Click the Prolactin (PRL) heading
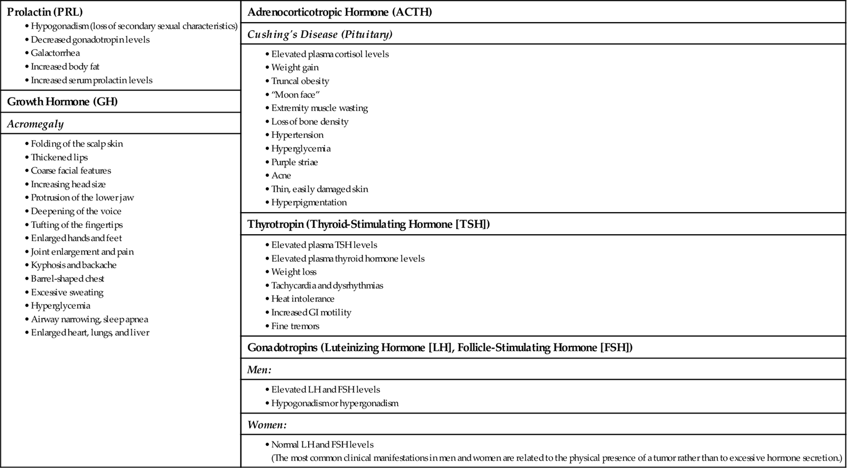click(x=45, y=12)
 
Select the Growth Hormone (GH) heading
click(x=62, y=102)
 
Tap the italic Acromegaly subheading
click(x=35, y=124)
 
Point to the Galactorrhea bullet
click(x=55, y=53)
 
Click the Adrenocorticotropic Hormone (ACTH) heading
click(x=339, y=12)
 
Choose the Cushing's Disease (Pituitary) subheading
click(x=320, y=34)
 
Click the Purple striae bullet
click(x=294, y=162)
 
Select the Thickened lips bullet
click(x=59, y=157)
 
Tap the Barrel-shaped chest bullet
click(x=67, y=279)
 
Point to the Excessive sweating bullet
click(x=67, y=292)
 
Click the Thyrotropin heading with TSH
click(x=368, y=224)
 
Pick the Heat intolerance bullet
click(x=302, y=299)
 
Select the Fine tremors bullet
click(x=295, y=326)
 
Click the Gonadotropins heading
click(x=440, y=347)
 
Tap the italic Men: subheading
click(x=259, y=370)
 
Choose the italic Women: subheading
click(x=267, y=425)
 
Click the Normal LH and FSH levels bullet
click(x=322, y=445)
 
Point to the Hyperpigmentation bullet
click(x=309, y=203)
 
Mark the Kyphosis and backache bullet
click(x=73, y=265)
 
